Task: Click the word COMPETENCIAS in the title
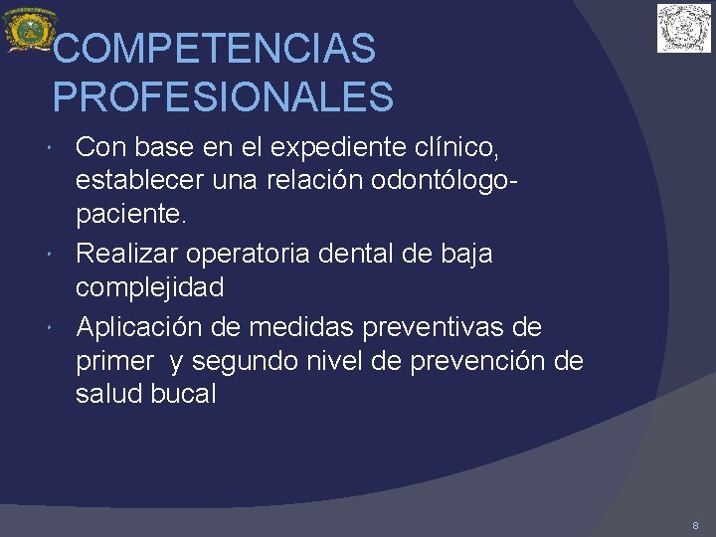(x=214, y=48)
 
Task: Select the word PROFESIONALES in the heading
(x=223, y=97)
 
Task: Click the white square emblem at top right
(x=684, y=28)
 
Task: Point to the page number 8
(x=695, y=524)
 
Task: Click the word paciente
(x=131, y=218)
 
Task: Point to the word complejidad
(x=150, y=288)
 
